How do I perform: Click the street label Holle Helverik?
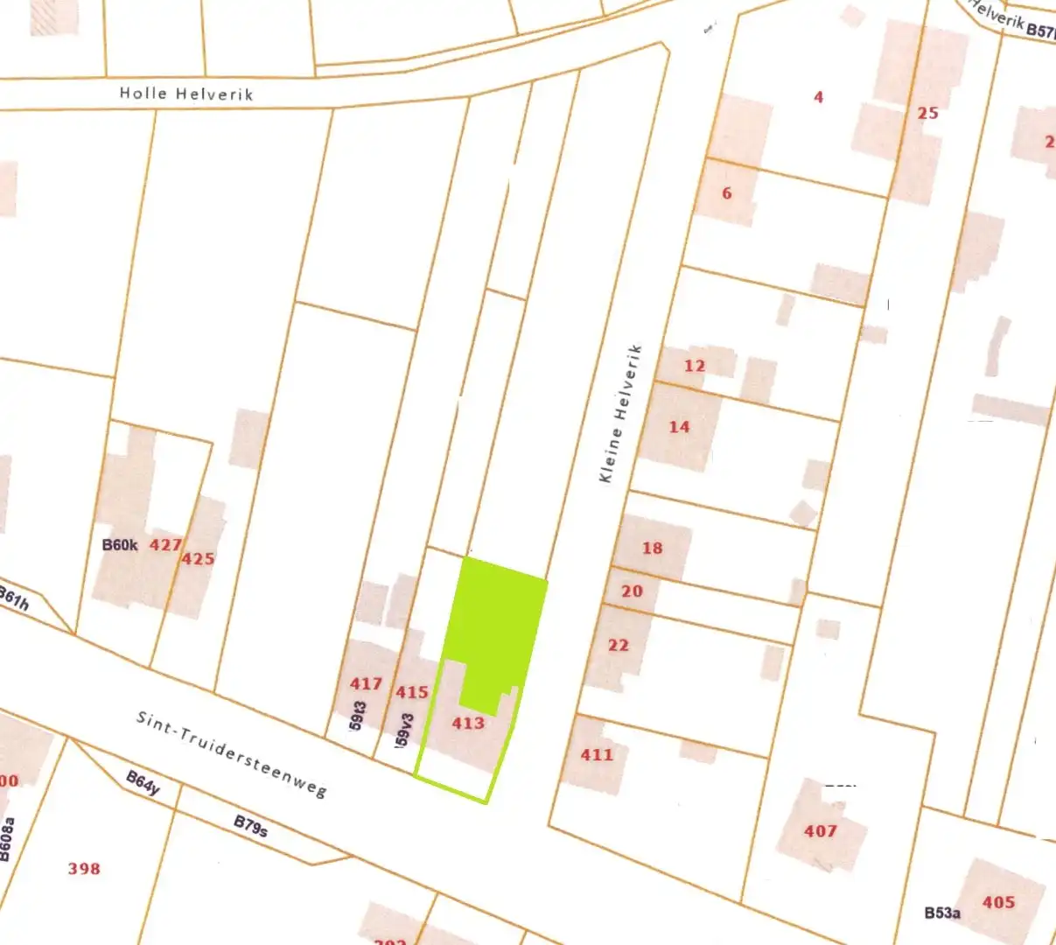(185, 93)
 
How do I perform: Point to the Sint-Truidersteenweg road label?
(231, 753)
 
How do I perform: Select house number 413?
(468, 723)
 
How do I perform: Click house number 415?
(411, 692)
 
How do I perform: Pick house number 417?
(366, 683)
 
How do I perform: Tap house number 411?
(597, 754)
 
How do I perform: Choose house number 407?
(821, 830)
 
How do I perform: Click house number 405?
(998, 902)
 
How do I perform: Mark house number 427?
(164, 545)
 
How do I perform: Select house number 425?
(199, 558)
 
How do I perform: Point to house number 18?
(652, 548)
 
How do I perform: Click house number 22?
(618, 645)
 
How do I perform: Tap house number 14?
(679, 426)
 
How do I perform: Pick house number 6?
(726, 192)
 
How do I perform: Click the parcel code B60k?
(120, 545)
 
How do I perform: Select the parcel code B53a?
(942, 913)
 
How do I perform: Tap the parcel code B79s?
(250, 826)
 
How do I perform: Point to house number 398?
(84, 868)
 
